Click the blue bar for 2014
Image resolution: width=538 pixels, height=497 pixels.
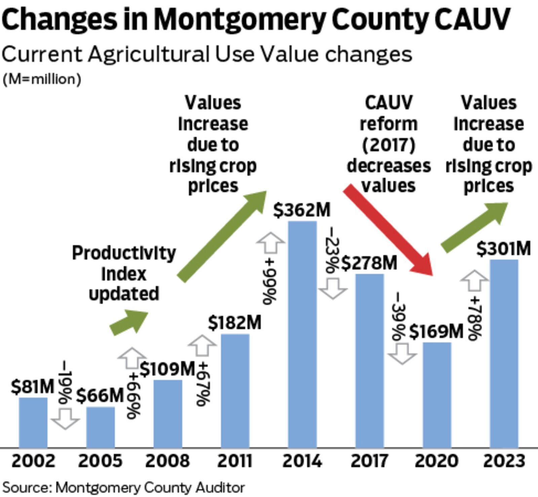tap(302, 334)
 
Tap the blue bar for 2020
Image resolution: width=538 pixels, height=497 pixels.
tap(437, 395)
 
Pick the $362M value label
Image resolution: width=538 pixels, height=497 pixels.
tap(302, 210)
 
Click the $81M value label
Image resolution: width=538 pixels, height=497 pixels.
tap(33, 386)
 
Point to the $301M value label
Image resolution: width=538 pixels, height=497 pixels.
tap(503, 249)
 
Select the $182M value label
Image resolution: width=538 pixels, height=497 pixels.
tap(234, 323)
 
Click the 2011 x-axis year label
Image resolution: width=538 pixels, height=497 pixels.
tap(235, 461)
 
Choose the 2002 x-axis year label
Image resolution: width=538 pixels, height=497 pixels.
tap(33, 461)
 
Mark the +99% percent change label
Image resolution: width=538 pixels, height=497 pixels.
tap(269, 281)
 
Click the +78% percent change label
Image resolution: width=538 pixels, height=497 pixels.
tap(476, 318)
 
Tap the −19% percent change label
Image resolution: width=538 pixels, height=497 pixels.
tap(65, 382)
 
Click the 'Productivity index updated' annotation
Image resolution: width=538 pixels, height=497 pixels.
tap(124, 273)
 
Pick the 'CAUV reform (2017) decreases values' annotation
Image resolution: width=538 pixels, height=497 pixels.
tap(388, 144)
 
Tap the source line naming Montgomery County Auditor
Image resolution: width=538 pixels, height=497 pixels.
tap(123, 487)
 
